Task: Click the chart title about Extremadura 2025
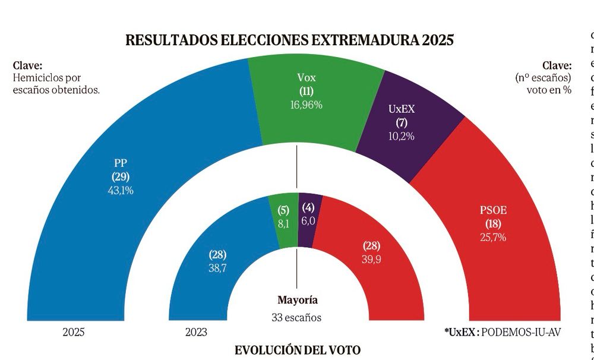point(289,40)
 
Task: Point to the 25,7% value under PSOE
point(493,238)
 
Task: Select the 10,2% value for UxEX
point(400,136)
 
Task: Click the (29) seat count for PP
point(121,176)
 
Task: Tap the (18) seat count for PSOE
point(493,224)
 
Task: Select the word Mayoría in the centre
point(298,300)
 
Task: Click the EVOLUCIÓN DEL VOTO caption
point(297,350)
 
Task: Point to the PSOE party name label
point(493,210)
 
